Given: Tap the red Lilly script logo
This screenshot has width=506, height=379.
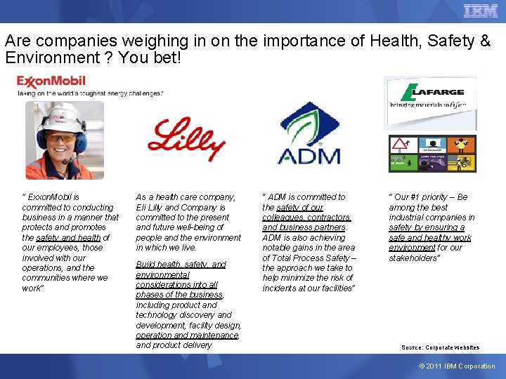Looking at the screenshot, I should (x=186, y=138).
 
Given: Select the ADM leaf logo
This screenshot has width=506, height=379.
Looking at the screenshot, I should (x=309, y=134).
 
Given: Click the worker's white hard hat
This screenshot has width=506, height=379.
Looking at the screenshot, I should (x=63, y=114).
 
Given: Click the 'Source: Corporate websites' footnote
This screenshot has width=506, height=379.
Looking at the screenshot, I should (x=440, y=347).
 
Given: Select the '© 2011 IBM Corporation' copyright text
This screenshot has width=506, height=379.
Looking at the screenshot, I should (x=457, y=366).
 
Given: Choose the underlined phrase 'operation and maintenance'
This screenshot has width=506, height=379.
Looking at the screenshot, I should (x=188, y=335).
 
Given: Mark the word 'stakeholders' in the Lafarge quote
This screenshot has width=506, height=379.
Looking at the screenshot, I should (x=413, y=258).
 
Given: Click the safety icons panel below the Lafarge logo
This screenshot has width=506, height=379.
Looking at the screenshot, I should (x=432, y=154).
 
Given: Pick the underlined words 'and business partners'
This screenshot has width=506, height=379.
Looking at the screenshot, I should (x=304, y=227).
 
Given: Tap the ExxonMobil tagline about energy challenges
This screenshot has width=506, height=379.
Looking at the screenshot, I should (x=90, y=92).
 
